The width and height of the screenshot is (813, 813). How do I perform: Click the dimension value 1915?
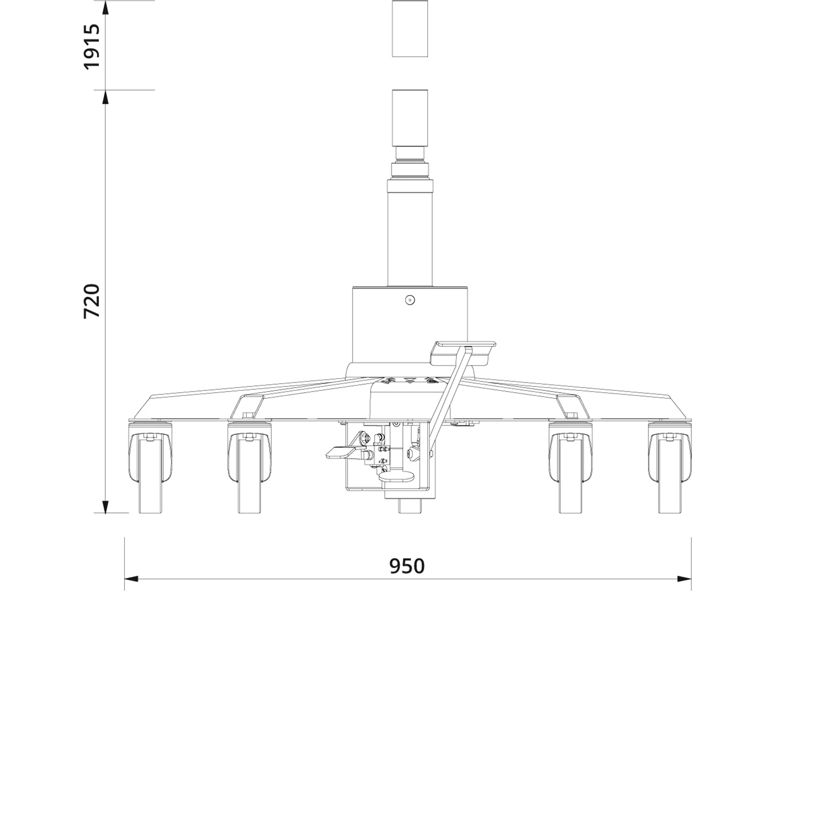coord(91,47)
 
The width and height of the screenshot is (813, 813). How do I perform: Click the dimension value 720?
coord(91,301)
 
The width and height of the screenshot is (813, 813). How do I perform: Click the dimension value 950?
coord(406,566)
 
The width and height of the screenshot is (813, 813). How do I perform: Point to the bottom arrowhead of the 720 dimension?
coord(105,506)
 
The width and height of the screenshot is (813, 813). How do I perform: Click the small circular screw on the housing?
coord(409,300)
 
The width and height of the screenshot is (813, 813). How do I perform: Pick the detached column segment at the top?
coord(409,28)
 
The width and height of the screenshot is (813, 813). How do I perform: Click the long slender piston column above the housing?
coord(409,237)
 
